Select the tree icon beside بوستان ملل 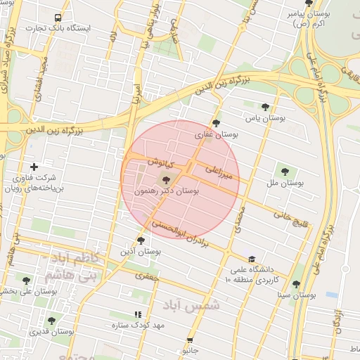(x=285, y=171)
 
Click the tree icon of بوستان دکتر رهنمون (x=166, y=180)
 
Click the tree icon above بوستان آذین (x=141, y=240)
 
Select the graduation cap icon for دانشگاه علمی (x=252, y=259)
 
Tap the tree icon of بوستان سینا (x=295, y=285)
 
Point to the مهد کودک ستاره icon (x=137, y=314)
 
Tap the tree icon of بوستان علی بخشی (x=27, y=281)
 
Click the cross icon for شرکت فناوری (x=34, y=167)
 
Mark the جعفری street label (x=149, y=276)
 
